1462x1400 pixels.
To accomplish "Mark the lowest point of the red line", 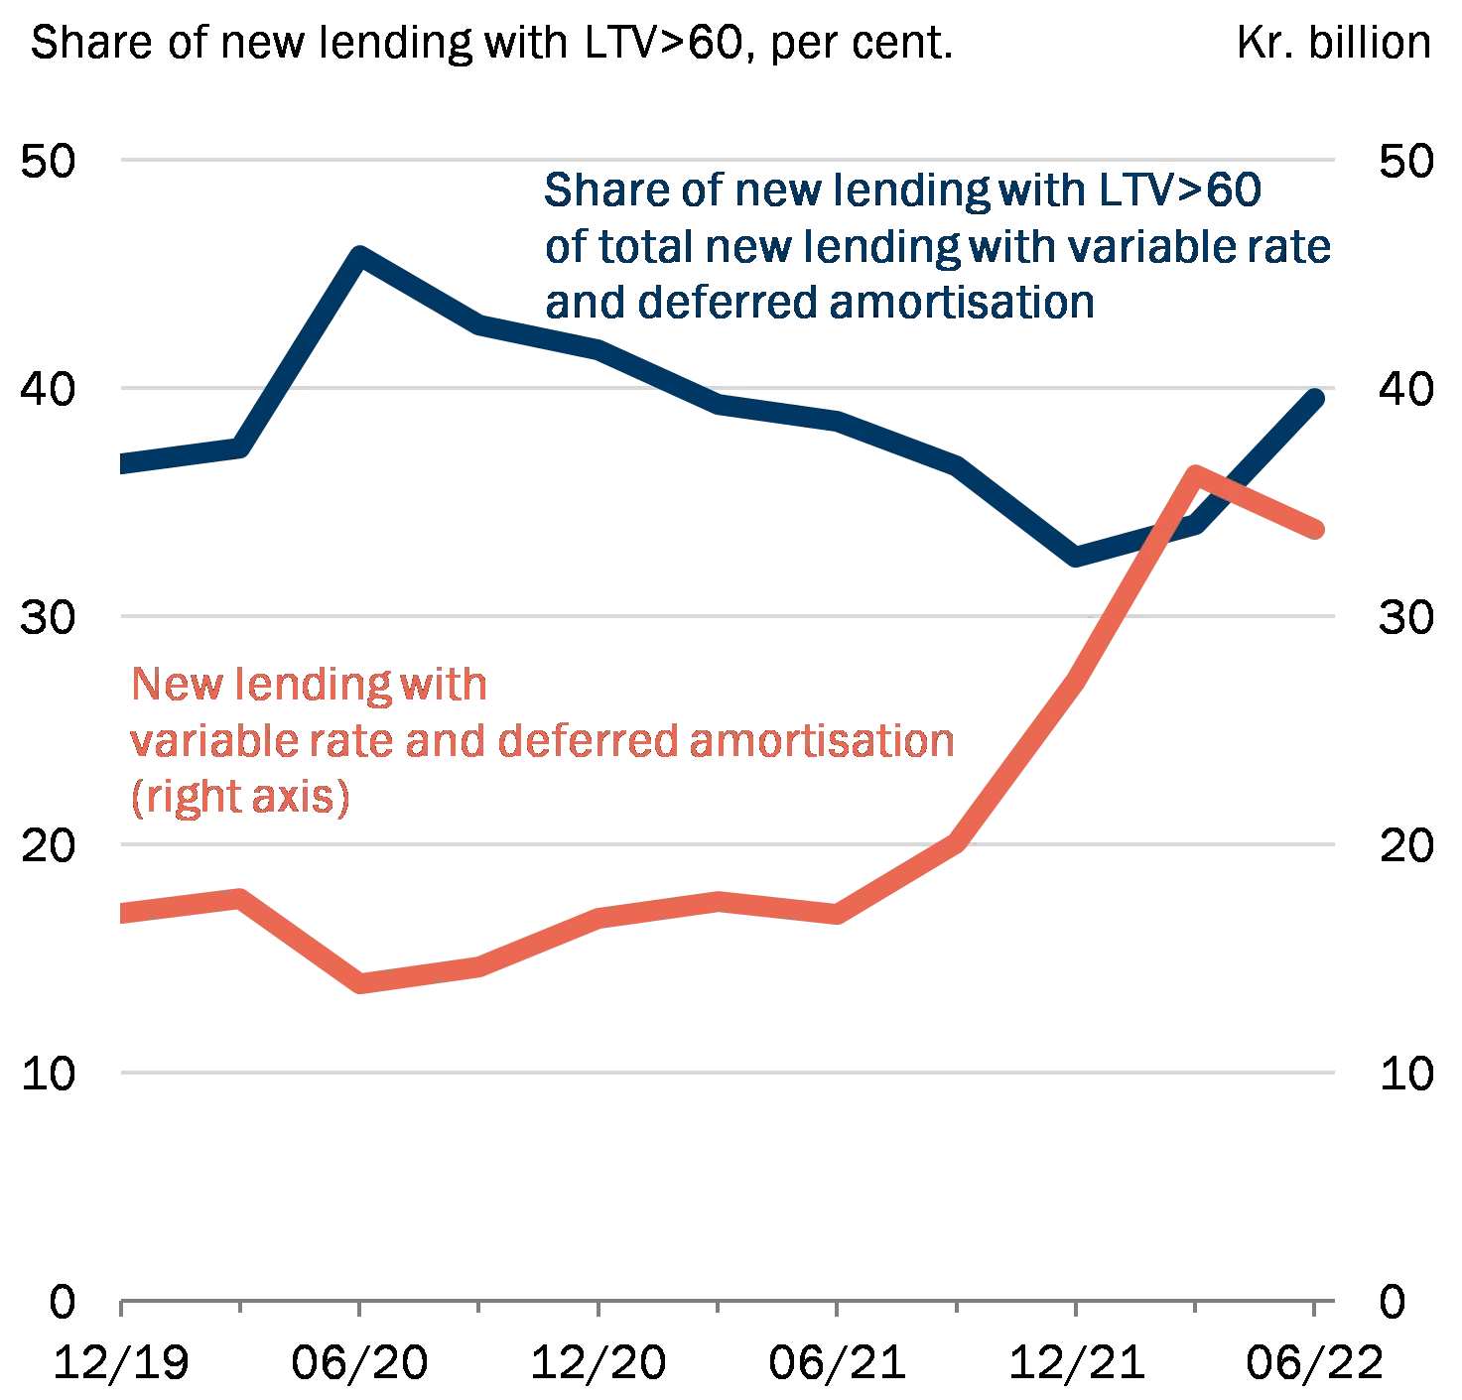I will [x=362, y=983].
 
